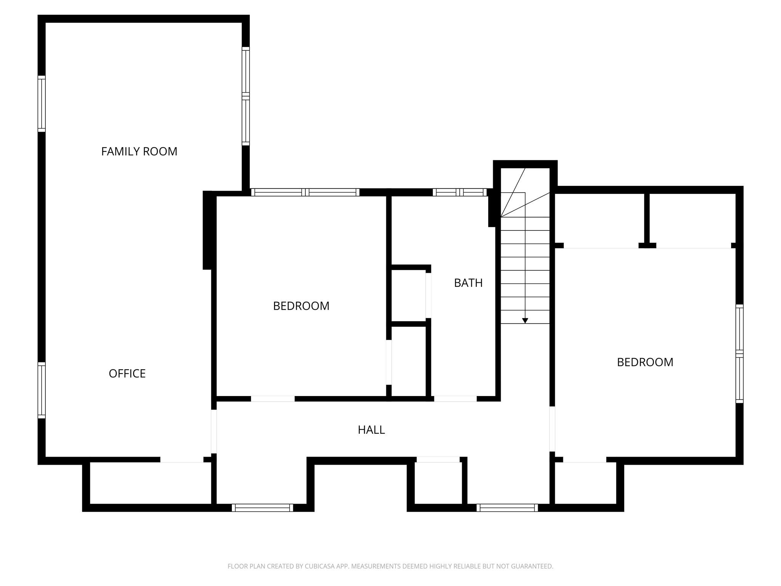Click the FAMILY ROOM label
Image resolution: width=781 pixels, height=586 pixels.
[x=139, y=151]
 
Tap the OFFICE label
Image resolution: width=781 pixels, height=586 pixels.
[x=127, y=373]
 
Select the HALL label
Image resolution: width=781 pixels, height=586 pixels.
[x=371, y=430]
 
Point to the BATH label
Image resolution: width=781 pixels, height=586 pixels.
[x=468, y=283]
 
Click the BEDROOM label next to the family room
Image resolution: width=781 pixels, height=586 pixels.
[x=301, y=306]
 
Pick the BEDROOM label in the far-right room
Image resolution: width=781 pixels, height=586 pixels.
[x=645, y=362]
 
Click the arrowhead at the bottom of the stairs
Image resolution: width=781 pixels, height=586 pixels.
[x=525, y=321]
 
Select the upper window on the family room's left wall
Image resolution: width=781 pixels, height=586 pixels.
[x=42, y=104]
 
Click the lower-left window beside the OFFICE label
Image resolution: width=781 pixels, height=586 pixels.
[x=42, y=390]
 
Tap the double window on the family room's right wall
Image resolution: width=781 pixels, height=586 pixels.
[x=246, y=96]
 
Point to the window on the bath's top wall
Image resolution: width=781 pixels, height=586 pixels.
[x=460, y=192]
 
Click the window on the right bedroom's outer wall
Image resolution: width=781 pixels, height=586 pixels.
[x=739, y=354]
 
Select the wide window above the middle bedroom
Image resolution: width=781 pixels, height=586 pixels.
[x=305, y=192]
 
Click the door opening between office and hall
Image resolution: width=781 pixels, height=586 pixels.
[x=214, y=431]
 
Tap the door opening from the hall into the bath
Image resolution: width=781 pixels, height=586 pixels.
[x=455, y=399]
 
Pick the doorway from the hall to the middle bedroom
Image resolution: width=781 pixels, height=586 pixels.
[x=273, y=399]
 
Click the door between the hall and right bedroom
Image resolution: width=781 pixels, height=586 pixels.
[x=552, y=429]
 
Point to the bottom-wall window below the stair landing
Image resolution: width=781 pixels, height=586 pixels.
[x=507, y=507]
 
